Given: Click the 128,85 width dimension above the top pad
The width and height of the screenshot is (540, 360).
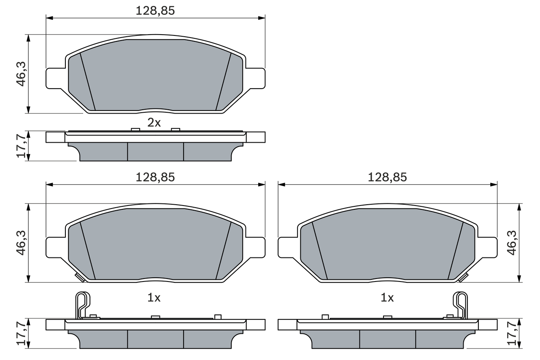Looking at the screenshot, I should point(155,11).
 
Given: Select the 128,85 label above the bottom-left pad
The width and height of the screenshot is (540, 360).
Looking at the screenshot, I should point(155,178).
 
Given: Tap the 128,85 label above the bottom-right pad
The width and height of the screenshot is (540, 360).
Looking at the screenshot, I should point(387,178).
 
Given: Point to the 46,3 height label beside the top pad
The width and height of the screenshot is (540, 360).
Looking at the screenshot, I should point(22,74).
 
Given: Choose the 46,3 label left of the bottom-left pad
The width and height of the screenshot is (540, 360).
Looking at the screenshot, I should point(22,243).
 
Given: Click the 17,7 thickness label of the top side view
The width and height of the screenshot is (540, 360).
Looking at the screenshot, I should point(22,146).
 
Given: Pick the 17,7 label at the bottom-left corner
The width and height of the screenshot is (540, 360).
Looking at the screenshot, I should point(22,334).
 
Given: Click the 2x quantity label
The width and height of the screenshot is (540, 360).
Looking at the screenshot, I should point(154,123).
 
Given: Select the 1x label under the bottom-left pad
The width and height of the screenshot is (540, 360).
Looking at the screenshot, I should point(154,298).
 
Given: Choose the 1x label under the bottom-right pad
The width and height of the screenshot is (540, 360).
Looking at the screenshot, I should point(387,298).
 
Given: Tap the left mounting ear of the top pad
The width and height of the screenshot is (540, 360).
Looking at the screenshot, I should point(55,78).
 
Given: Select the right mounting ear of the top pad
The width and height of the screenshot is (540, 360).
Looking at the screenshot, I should point(255,78).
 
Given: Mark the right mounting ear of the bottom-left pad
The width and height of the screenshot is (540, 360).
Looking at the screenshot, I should point(255,247).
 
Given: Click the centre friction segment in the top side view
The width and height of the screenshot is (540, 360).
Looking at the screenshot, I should point(155,152).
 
